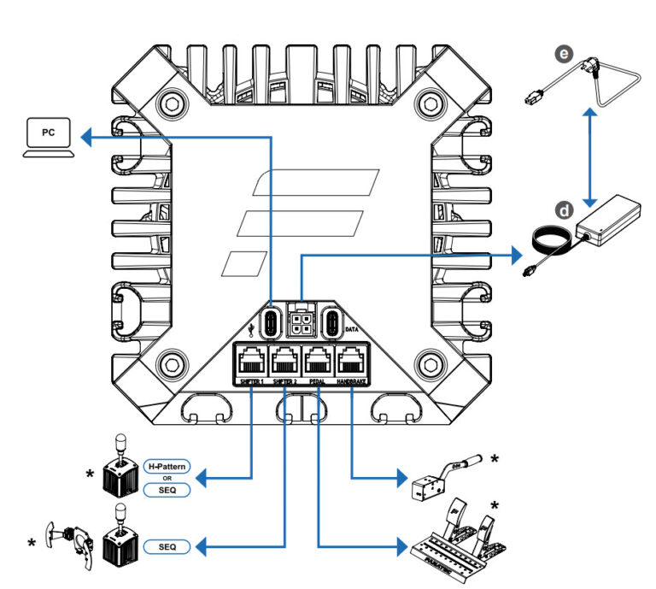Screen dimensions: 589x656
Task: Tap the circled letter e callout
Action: pos(562,54)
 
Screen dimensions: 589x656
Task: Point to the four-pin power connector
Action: pos(302,323)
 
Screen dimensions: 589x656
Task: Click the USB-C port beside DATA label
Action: pos(333,324)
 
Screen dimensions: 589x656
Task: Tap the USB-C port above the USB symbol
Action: pos(271,324)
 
